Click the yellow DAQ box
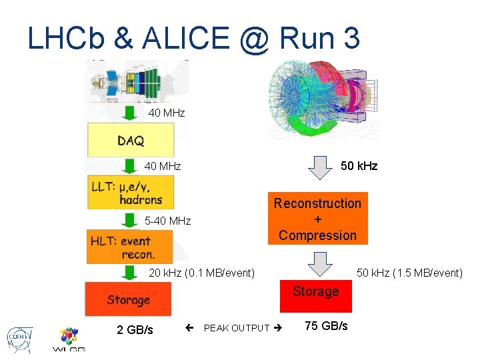tap(131, 140)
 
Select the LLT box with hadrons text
tap(131, 192)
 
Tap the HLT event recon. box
tap(131, 246)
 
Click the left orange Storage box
tap(128, 299)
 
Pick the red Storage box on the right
tap(315, 296)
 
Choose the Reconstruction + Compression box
tap(317, 219)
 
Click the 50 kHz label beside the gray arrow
tap(359, 166)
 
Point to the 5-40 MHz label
tap(167, 221)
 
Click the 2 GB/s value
tap(135, 330)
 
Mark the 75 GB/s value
tap(326, 326)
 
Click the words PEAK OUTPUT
tap(237, 328)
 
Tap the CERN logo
tap(19, 337)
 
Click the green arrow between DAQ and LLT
tap(131, 165)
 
